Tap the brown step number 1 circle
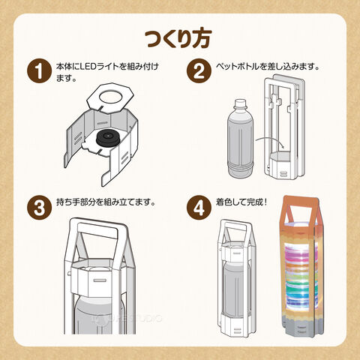[x=39, y=70]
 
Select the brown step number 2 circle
[x=199, y=70]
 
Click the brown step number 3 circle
[x=39, y=208]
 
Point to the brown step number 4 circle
[x=199, y=208]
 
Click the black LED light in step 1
[x=109, y=138]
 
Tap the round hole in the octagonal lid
[x=111, y=97]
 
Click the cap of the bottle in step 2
[x=240, y=103]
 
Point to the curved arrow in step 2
[x=269, y=140]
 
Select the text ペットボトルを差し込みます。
[x=268, y=67]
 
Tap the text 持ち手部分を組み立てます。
[x=106, y=202]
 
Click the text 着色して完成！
[x=241, y=202]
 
